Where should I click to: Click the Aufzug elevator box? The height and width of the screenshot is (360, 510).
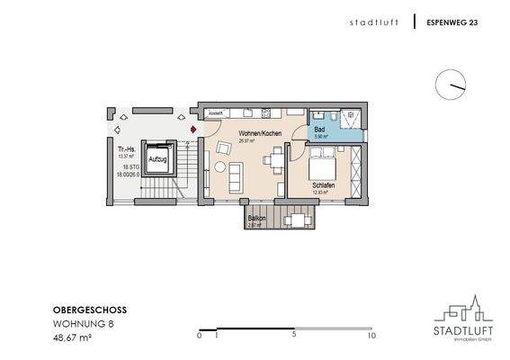[x=159, y=159]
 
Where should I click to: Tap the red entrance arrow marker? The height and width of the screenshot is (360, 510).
[x=191, y=129]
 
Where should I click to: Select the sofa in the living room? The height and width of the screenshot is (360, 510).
[x=236, y=176]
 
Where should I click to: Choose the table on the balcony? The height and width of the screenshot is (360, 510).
[x=294, y=219]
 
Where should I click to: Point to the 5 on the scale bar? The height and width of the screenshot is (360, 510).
[x=294, y=335]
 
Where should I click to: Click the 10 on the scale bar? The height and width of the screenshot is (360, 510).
[x=371, y=335]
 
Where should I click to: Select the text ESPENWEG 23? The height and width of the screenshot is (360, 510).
[x=452, y=22]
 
